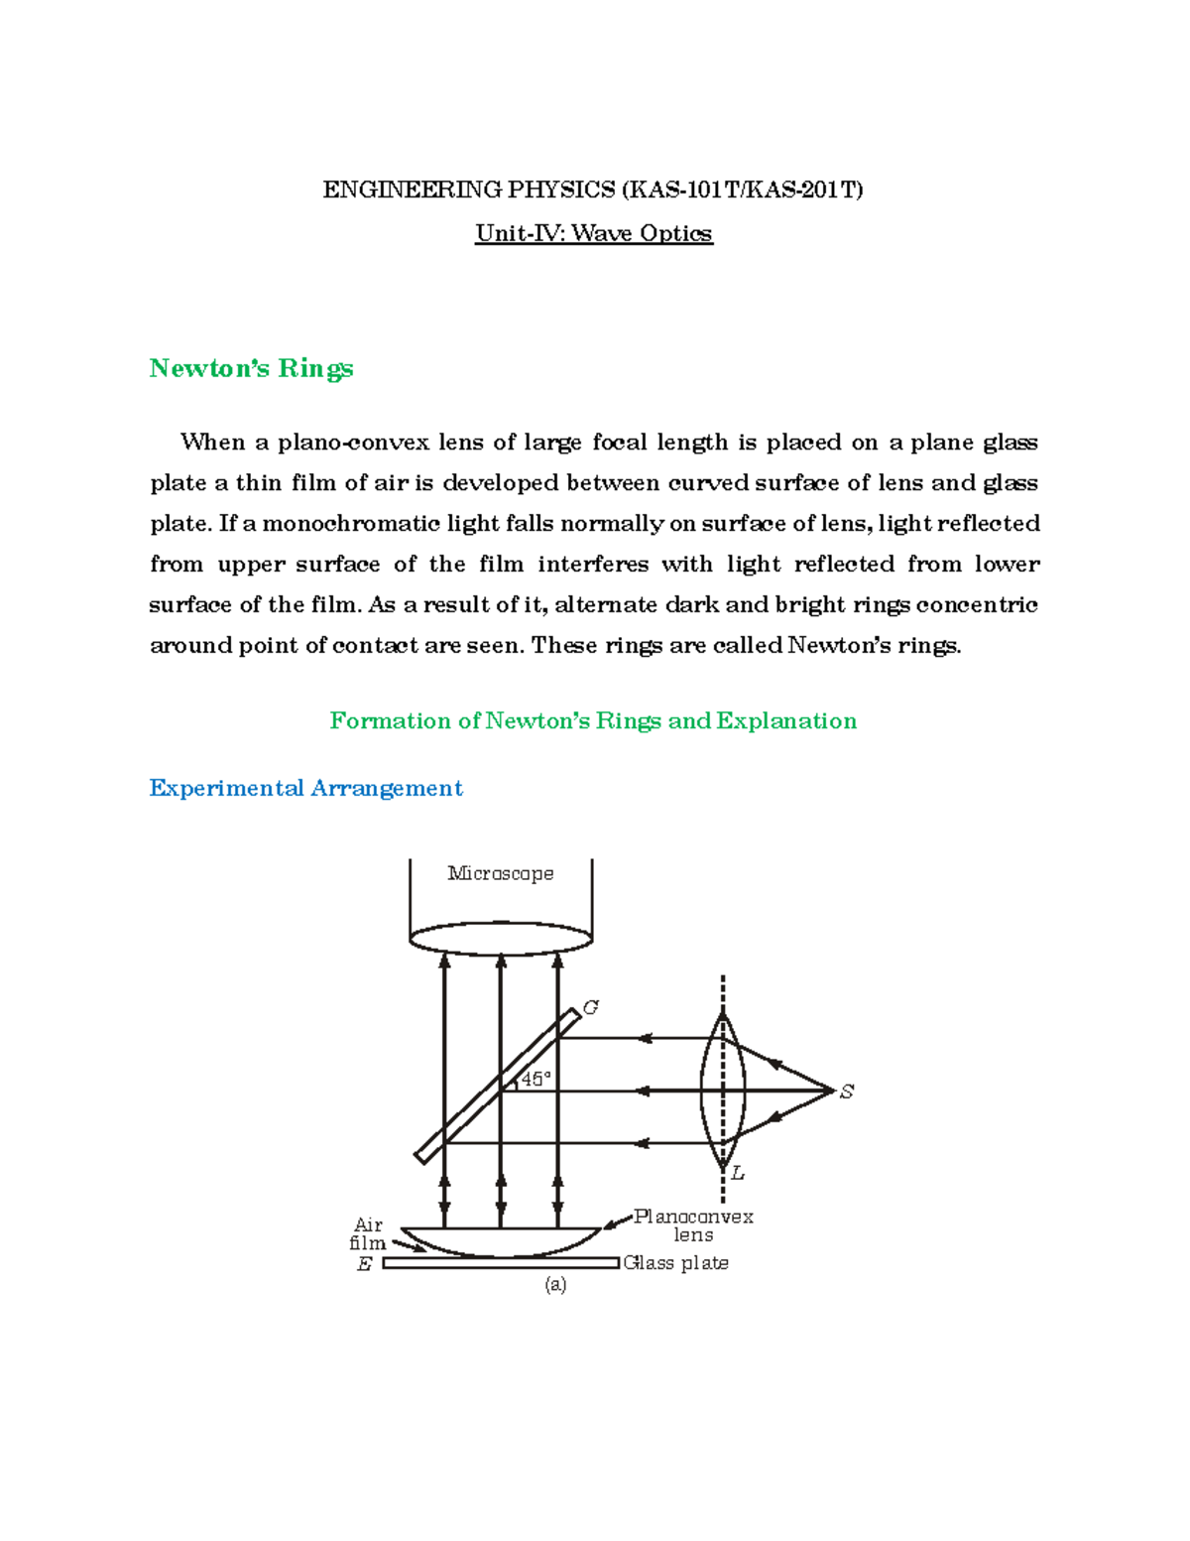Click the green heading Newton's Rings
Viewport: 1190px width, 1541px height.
pos(251,368)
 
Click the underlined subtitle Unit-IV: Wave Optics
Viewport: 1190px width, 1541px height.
pos(593,233)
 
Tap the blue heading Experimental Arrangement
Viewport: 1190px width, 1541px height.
pos(305,788)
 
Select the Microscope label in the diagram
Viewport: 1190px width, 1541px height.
pos(500,873)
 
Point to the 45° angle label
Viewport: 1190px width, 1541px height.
pos(535,1079)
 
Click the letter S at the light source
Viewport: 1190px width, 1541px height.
pos(846,1092)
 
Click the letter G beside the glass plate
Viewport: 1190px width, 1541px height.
pos(591,1008)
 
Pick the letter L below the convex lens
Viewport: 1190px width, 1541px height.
pos(738,1174)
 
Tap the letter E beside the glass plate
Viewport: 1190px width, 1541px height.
pos(364,1264)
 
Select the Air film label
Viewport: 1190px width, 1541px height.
pos(368,1233)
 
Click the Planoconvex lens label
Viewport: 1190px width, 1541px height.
pos(693,1225)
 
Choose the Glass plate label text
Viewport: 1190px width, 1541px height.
pos(676,1263)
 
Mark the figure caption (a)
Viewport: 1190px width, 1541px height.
pos(555,1284)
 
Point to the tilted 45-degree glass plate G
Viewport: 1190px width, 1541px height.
pos(497,1087)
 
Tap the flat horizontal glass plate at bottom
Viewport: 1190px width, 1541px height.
pos(501,1263)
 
